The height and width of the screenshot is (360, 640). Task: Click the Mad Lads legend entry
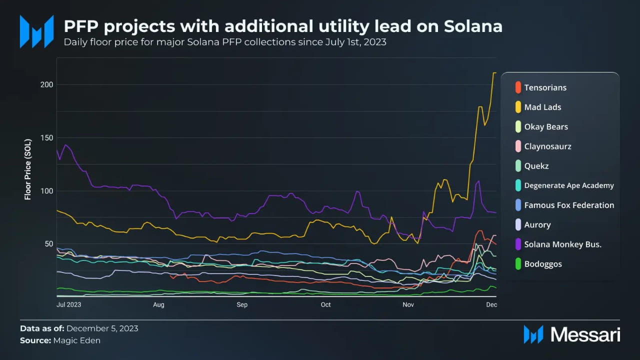(542, 107)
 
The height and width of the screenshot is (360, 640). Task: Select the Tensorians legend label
(545, 87)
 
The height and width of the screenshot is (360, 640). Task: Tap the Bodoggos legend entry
(542, 264)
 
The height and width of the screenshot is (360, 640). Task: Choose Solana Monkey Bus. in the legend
(562, 244)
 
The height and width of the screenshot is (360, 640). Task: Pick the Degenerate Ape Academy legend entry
(568, 185)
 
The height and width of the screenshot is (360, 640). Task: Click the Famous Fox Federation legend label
(569, 205)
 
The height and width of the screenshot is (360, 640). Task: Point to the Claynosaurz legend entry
(547, 146)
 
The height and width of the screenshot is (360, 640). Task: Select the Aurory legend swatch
(518, 225)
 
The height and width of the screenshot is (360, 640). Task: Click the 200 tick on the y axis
(47, 84)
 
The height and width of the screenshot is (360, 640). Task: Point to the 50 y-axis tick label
(49, 244)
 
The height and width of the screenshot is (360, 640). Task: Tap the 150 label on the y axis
(47, 138)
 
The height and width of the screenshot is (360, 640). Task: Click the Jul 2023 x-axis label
(69, 304)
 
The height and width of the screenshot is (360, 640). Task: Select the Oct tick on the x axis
(325, 304)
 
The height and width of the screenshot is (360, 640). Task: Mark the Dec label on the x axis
(491, 304)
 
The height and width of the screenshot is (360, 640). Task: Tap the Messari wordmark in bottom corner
(585, 334)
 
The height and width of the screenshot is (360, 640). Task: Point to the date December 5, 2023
(102, 328)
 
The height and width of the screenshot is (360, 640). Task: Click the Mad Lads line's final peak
(494, 73)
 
